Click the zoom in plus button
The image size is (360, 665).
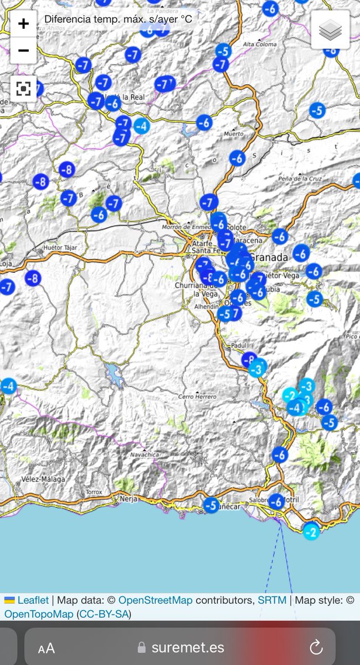pyautogui.click(x=23, y=24)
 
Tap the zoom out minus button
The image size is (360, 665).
pyautogui.click(x=23, y=51)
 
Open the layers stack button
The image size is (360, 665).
pyautogui.click(x=330, y=30)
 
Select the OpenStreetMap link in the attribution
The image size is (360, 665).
pyautogui.click(x=156, y=600)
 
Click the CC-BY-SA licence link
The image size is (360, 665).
pyautogui.click(x=104, y=614)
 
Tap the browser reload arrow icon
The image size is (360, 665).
pyautogui.click(x=316, y=647)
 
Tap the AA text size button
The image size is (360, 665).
pyautogui.click(x=47, y=648)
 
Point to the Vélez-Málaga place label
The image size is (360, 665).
pyautogui.click(x=43, y=479)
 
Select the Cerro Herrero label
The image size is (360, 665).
pyautogui.click(x=197, y=397)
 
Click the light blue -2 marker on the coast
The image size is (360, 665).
pyautogui.click(x=311, y=533)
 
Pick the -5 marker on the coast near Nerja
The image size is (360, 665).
pyautogui.click(x=211, y=505)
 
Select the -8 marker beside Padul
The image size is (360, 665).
pyautogui.click(x=249, y=359)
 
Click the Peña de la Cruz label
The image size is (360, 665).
pyautogui.click(x=300, y=178)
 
